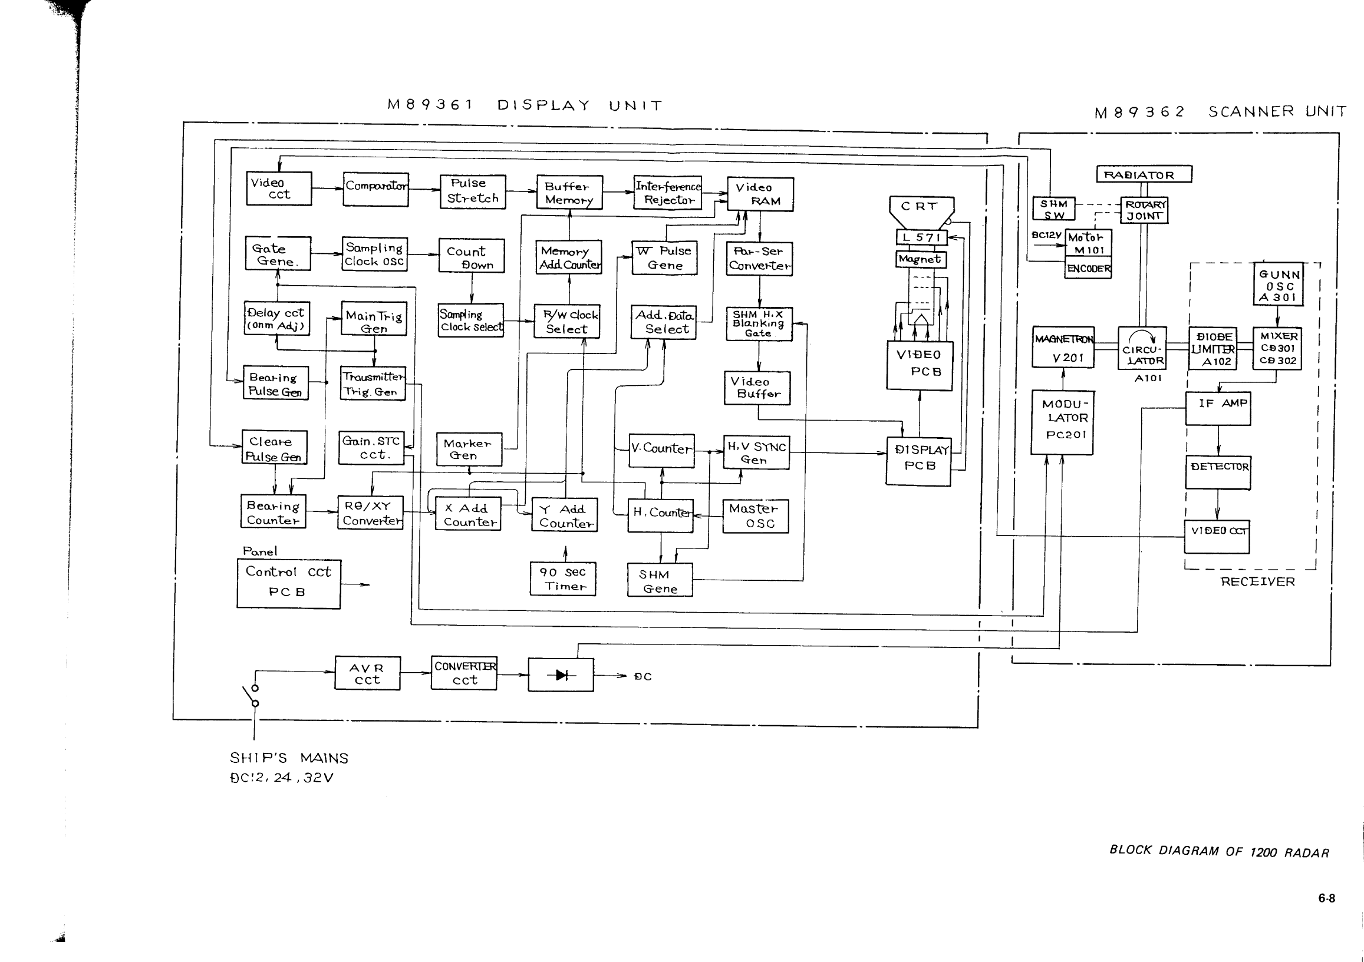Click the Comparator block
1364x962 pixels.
click(375, 189)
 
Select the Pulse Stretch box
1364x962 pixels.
click(473, 191)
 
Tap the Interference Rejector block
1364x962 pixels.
click(668, 193)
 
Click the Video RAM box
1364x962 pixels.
click(760, 194)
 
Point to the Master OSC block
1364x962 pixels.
click(755, 516)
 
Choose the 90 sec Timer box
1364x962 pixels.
click(562, 579)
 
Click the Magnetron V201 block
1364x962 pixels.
click(1063, 348)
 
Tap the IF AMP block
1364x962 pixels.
click(1218, 408)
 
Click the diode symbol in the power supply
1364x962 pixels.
click(561, 675)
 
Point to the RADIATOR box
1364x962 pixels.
click(1144, 174)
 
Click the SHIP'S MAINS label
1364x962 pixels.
click(289, 758)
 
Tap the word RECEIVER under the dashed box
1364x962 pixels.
click(1258, 582)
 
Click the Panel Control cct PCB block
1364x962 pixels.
click(289, 584)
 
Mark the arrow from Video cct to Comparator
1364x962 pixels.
click(327, 189)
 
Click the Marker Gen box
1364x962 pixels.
click(468, 449)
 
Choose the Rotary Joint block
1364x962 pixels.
click(1144, 210)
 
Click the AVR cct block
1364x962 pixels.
click(367, 673)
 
